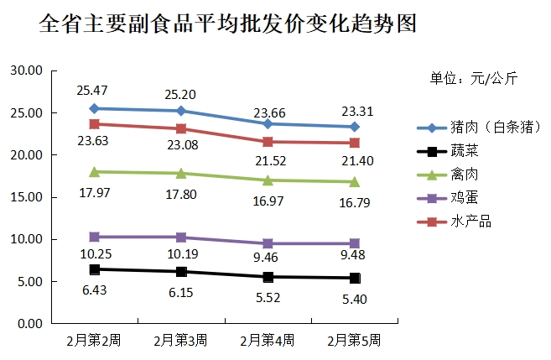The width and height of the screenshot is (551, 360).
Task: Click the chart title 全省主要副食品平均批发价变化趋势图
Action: click(x=228, y=23)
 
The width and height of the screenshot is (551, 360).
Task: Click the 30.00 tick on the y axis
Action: click(x=25, y=71)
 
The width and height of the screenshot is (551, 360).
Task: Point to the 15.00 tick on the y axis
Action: click(x=25, y=197)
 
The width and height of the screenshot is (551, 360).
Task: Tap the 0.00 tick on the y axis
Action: click(x=29, y=323)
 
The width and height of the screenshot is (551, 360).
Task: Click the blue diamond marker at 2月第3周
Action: click(x=181, y=111)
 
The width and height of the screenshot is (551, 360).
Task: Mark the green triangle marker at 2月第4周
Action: click(x=268, y=180)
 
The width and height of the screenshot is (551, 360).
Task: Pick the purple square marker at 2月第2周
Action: click(x=95, y=237)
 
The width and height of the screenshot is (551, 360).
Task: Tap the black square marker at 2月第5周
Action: click(x=355, y=278)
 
